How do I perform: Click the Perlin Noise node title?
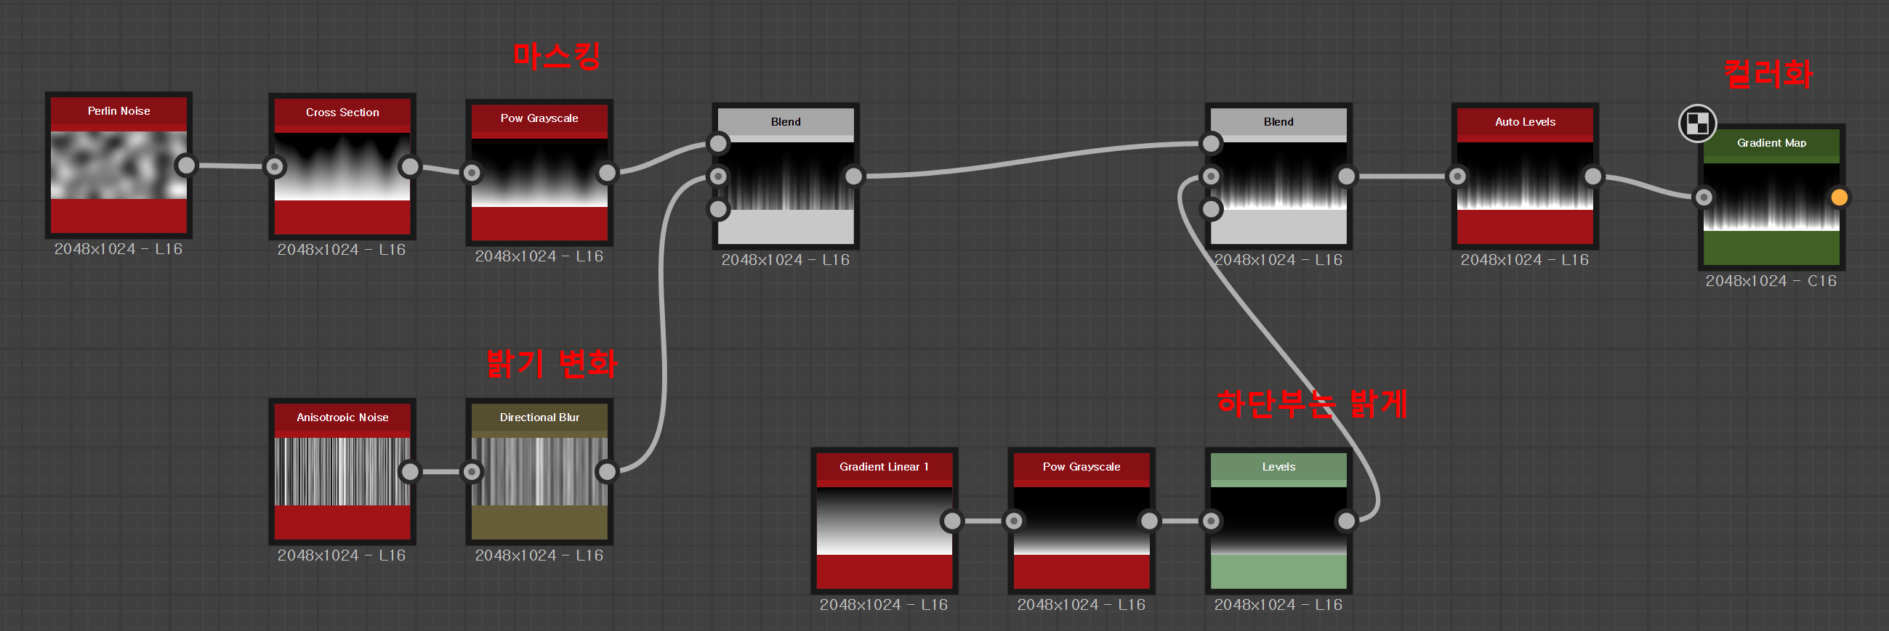118,111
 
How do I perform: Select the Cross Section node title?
342,113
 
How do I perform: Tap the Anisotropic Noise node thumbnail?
342,471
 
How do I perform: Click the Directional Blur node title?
539,418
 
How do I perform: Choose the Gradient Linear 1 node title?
884,467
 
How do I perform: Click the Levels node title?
1278,467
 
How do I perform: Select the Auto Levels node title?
1525,123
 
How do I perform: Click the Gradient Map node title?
1771,143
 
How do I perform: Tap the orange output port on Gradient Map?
1838,197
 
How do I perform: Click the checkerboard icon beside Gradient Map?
1697,123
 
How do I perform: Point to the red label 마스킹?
557,56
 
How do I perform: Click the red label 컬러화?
1768,74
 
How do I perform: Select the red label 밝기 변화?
552,363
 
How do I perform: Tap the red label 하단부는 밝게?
1312,403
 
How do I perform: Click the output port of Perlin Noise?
187,166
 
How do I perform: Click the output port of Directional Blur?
607,471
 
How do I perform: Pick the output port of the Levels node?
1346,521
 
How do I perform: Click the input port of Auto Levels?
1457,176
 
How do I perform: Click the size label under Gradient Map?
1771,282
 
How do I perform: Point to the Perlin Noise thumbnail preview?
118,165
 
